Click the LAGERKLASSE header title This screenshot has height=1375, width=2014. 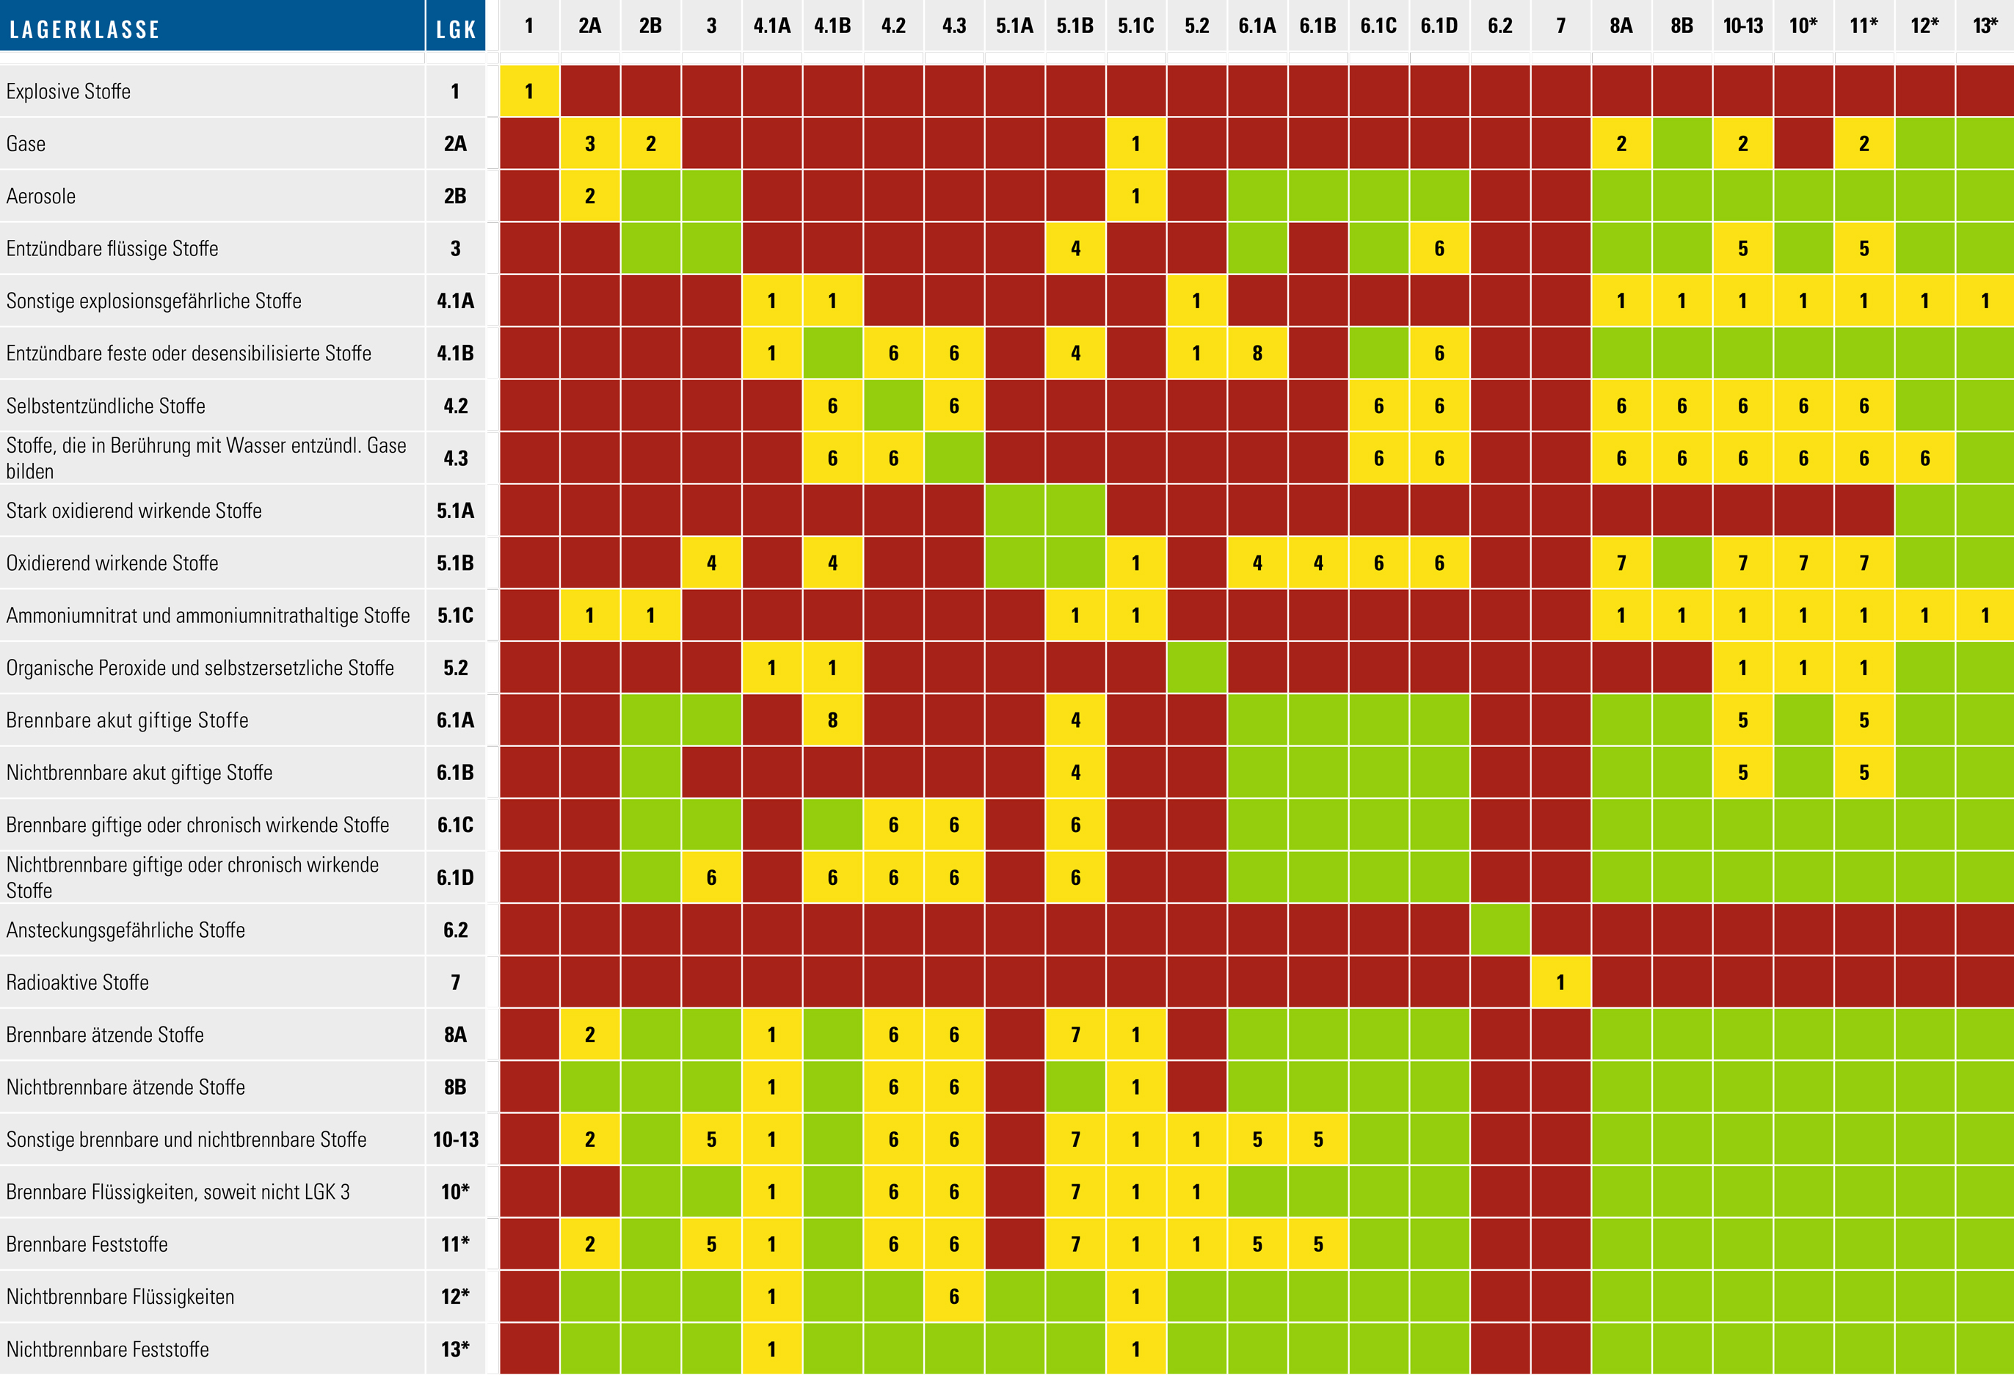click(x=85, y=29)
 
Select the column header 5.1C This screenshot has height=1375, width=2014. click(x=1135, y=26)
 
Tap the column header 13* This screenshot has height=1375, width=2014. click(x=1985, y=26)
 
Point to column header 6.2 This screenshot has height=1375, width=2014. click(x=1499, y=26)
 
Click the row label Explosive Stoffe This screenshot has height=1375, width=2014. click(x=68, y=92)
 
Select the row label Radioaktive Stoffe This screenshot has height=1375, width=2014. click(x=77, y=982)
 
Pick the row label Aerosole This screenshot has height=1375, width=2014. click(x=40, y=197)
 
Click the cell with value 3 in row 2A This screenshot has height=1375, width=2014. click(x=589, y=144)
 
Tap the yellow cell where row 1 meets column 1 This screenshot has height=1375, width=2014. click(x=528, y=92)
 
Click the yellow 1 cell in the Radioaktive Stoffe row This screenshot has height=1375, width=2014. click(x=1560, y=982)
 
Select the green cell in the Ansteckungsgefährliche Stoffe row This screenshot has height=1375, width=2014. click(x=1499, y=930)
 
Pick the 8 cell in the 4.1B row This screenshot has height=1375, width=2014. click(x=1257, y=354)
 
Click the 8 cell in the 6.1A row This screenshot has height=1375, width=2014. click(x=832, y=720)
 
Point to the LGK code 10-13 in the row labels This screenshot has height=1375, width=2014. click(x=455, y=1139)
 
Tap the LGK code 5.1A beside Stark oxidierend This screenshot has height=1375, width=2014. click(x=455, y=511)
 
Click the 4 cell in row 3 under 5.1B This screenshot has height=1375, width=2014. click(x=1075, y=249)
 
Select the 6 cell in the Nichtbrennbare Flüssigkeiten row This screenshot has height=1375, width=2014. click(x=953, y=1297)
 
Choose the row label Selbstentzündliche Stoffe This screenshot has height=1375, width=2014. click(x=106, y=406)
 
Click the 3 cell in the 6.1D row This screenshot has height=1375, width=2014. click(x=710, y=878)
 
